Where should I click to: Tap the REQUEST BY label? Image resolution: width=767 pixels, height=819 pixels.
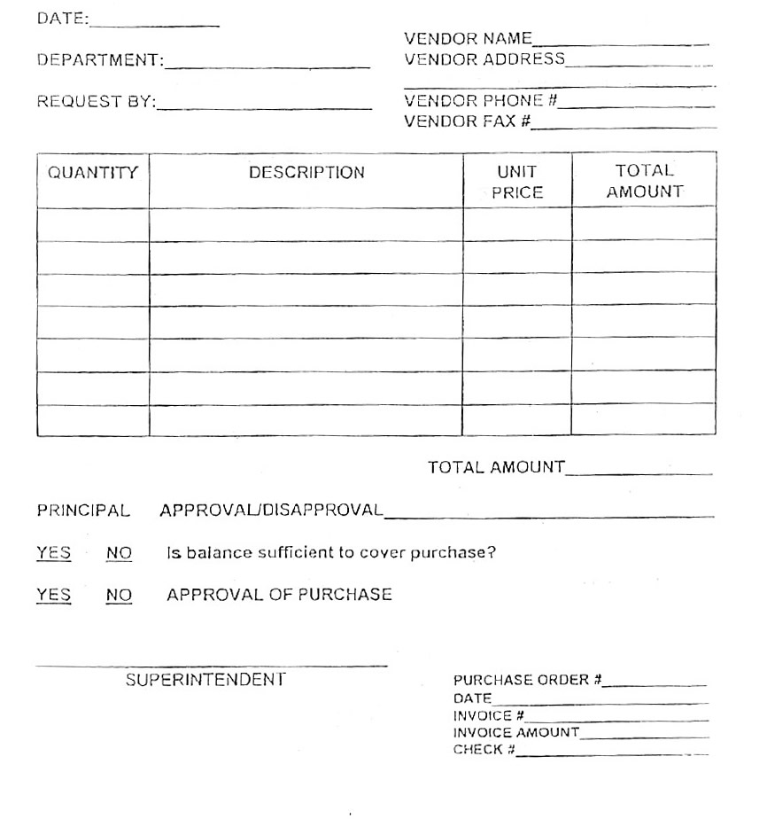pos(96,102)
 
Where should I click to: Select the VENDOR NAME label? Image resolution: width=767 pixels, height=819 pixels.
pos(468,39)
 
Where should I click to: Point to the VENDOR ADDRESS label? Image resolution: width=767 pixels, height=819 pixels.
pos(484,59)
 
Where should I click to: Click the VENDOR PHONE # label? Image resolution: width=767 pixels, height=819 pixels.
pos(481,101)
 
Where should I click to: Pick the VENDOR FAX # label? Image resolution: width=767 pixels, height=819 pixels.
pos(468,121)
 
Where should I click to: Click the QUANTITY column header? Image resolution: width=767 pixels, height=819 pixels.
pos(93,173)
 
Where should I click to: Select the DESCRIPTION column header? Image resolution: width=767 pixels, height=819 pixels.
pos(306,173)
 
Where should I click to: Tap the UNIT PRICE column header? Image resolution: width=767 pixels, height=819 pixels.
pos(517,182)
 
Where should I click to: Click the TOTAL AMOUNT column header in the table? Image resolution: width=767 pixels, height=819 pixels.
pos(645,181)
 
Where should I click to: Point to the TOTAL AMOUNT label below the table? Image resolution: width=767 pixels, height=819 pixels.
pos(496,467)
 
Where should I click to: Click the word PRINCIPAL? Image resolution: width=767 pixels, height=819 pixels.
pos(83,511)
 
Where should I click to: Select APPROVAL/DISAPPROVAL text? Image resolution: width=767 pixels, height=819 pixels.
pos(271,511)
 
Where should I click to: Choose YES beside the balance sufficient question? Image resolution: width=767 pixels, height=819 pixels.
pos(53,553)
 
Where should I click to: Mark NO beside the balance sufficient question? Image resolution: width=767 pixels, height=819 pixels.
pos(119,553)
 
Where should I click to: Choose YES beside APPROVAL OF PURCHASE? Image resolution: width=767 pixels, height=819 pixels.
pos(53,595)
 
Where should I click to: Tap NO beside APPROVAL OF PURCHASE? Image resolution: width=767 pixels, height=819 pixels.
pos(119,595)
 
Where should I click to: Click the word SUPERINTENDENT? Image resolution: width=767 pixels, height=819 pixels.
pos(205,680)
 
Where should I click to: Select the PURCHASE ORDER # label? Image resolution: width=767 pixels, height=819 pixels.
pos(528,680)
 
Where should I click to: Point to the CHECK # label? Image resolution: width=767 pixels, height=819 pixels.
pos(484,750)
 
